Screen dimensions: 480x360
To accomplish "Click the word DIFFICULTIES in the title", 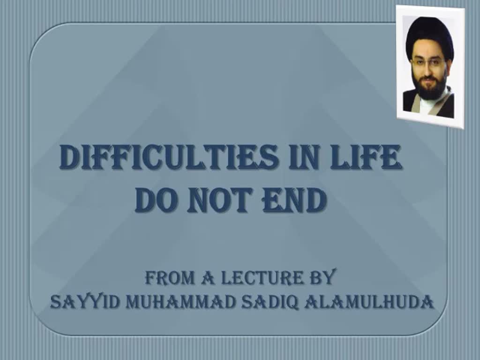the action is (x=169, y=157).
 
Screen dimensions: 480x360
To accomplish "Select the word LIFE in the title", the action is (x=366, y=157).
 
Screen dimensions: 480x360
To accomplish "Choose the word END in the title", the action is (x=294, y=200).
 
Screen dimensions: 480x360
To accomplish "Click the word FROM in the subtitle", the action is (x=170, y=278).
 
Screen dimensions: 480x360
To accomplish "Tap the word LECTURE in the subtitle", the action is (x=262, y=278).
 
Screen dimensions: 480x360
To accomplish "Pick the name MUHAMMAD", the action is (x=181, y=302).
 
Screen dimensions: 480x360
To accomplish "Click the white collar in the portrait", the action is (x=427, y=105).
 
